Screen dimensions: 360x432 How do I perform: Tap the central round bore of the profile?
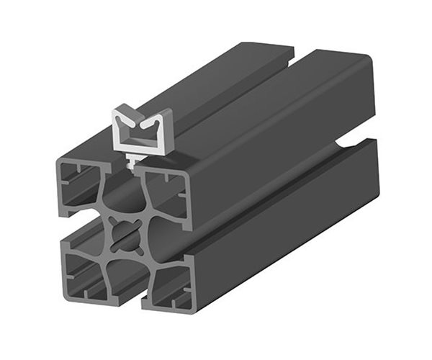coord(127,238)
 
